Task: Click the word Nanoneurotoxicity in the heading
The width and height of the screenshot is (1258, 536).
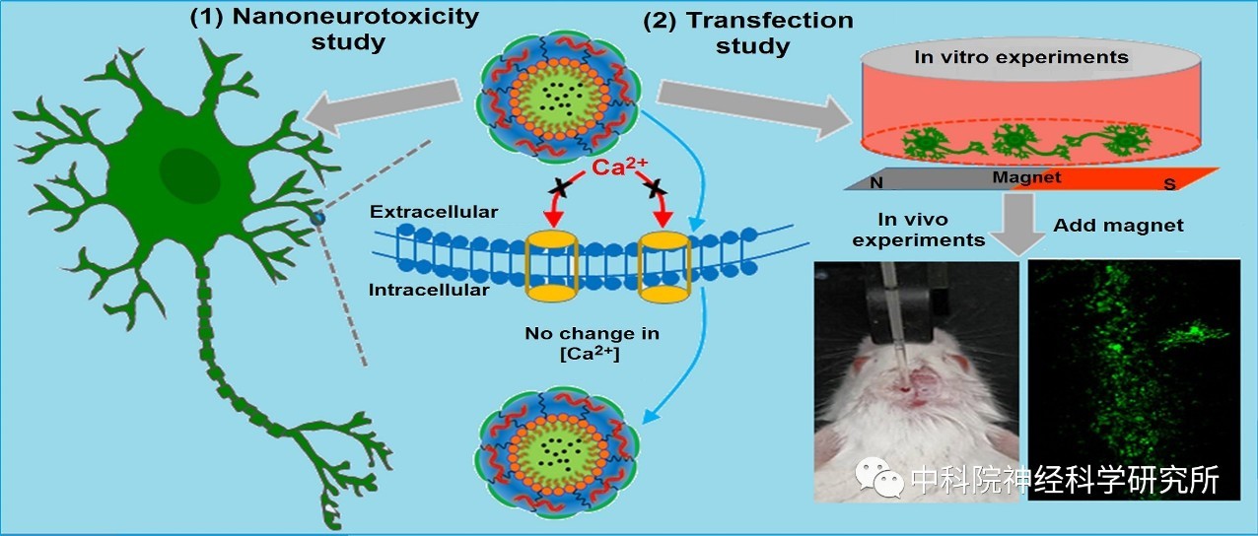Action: (356, 17)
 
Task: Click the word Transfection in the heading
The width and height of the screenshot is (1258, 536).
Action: (770, 21)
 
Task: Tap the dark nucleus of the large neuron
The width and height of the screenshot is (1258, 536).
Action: (189, 174)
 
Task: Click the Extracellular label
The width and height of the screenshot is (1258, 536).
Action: (434, 212)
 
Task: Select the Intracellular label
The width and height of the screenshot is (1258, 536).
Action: (429, 290)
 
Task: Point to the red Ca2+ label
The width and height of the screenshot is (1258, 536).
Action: (619, 166)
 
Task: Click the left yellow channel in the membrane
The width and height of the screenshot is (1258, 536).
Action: (551, 266)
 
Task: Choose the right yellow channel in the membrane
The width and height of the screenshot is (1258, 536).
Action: (664, 267)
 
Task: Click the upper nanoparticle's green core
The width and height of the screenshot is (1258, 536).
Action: (559, 97)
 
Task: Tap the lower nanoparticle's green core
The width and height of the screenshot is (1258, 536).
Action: (559, 452)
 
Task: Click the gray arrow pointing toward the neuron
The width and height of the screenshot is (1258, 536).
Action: (383, 106)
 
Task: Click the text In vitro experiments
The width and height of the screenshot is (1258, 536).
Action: (1021, 57)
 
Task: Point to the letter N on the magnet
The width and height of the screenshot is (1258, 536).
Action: (876, 182)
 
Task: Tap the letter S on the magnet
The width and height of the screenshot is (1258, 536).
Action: (1170, 183)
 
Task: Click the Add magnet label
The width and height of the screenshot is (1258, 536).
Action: (1118, 225)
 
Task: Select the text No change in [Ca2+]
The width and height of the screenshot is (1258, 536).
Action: (592, 343)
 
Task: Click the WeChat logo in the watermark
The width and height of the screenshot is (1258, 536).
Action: (878, 478)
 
